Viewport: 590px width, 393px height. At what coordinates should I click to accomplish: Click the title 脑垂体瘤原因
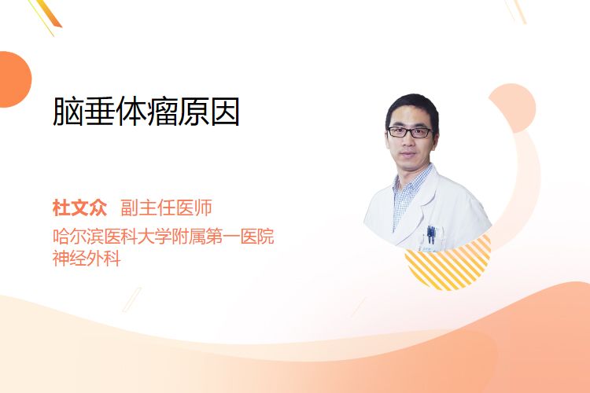tap(146, 112)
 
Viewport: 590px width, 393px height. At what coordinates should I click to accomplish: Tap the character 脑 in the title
tap(68, 112)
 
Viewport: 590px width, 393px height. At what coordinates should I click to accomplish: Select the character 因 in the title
tap(225, 112)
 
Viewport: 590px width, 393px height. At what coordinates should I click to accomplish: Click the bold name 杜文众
tap(79, 208)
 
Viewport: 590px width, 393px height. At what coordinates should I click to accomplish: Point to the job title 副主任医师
tap(166, 208)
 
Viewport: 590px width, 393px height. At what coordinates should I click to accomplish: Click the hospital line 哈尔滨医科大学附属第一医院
tap(164, 236)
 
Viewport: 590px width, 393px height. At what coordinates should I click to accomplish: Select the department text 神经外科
tap(87, 259)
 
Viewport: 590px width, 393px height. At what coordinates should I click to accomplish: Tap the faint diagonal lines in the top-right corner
tap(515, 10)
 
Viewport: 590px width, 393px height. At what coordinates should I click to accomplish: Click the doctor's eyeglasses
tap(410, 132)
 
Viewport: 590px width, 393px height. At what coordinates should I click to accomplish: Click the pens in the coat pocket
tap(431, 234)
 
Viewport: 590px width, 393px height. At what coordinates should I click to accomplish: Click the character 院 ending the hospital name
tap(266, 236)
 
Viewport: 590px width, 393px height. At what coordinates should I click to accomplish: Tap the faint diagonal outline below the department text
tap(132, 299)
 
